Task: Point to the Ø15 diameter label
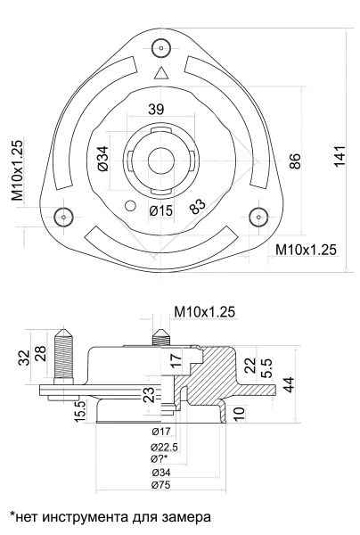(160, 210)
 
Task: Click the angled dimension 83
(198, 204)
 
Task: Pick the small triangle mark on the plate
(160, 73)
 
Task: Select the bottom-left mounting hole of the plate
(62, 215)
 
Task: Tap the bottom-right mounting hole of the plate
(258, 215)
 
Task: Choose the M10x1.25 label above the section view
(206, 312)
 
